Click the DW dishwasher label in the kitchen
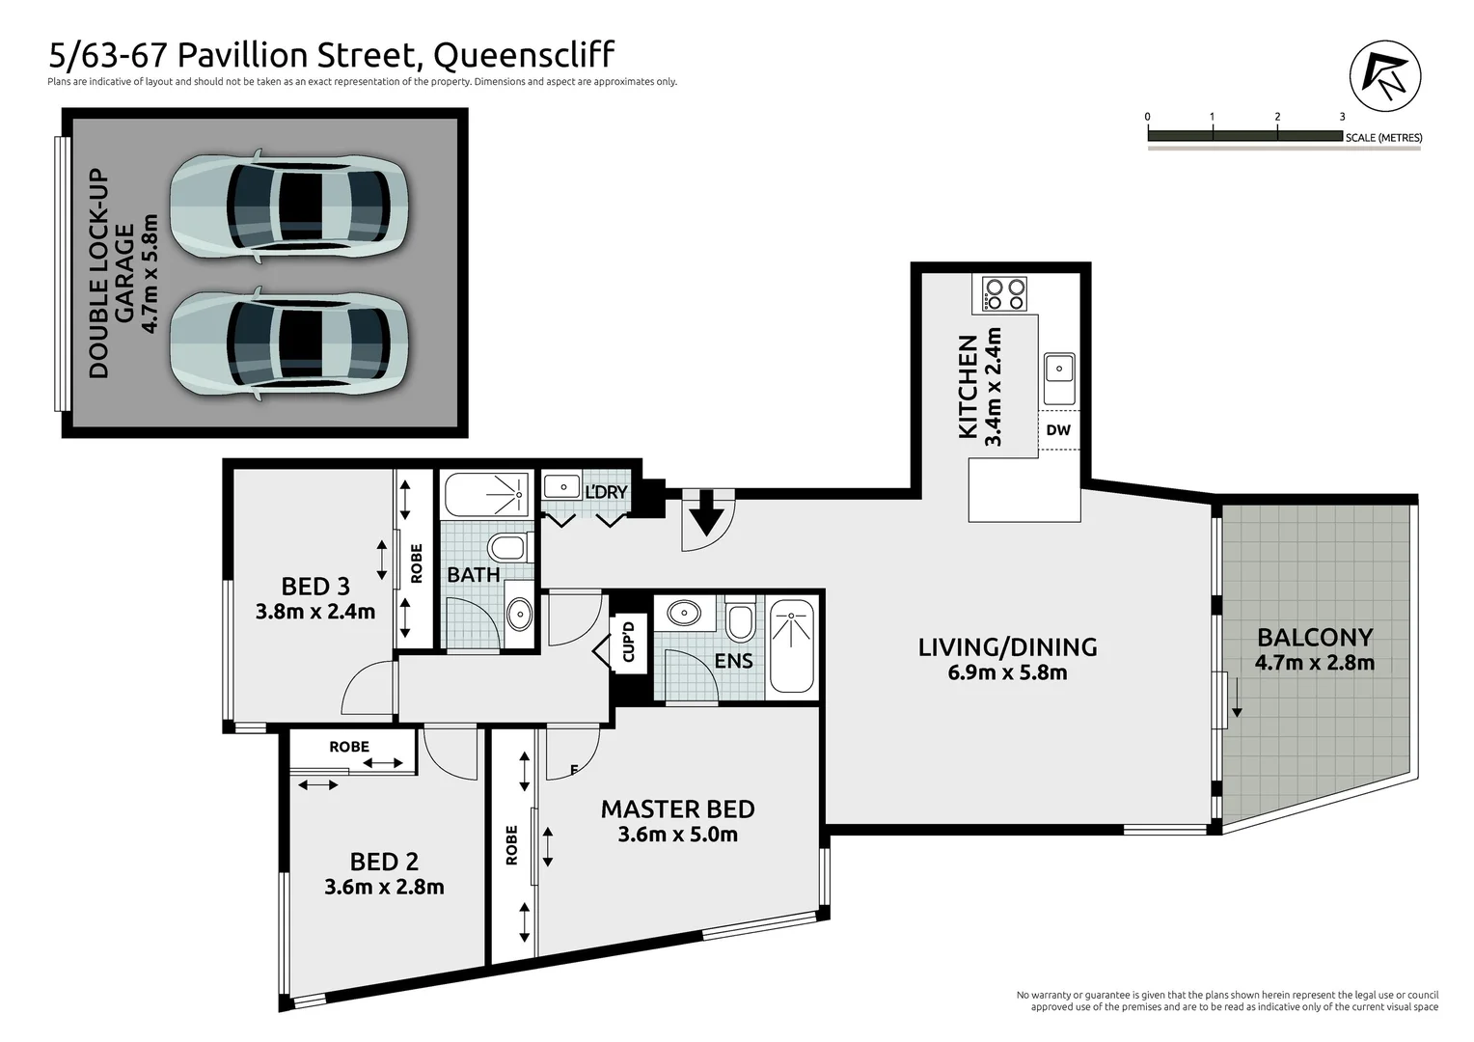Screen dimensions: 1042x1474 click(1058, 430)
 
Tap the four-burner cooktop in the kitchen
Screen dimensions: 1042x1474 click(1005, 294)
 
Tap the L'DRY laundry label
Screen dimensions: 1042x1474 click(606, 492)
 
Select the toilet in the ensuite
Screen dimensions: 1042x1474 click(740, 622)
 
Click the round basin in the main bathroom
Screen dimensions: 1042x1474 click(519, 612)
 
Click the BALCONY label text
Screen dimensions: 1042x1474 click(1314, 638)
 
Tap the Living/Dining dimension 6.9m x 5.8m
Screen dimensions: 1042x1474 click(1007, 672)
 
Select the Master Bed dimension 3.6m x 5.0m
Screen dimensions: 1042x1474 click(677, 835)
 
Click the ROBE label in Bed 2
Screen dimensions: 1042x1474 click(349, 747)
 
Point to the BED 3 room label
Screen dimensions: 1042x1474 click(315, 586)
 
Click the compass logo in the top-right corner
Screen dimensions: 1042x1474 click(1384, 76)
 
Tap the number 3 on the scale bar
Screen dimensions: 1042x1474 click(1342, 117)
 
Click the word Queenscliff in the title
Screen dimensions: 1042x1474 click(524, 55)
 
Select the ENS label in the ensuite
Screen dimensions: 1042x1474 click(733, 661)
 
